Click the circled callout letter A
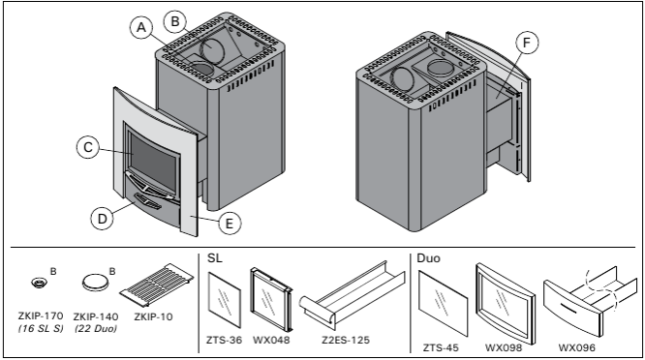141,27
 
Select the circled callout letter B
175,21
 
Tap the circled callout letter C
88,147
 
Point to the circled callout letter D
102,218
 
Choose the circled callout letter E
230,224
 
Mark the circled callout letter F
527,43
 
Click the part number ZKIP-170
41,316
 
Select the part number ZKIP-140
96,316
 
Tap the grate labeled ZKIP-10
158,285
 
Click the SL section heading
215,258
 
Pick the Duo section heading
428,258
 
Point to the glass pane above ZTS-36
224,300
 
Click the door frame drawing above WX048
271,300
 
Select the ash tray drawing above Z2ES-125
352,294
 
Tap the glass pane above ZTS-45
443,303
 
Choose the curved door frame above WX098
506,304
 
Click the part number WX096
576,347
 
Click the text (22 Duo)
96,329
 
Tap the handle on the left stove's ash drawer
147,202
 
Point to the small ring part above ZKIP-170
39,283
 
